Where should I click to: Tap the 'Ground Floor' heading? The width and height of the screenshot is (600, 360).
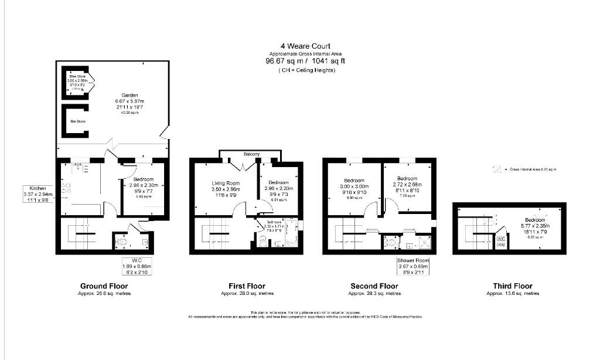click(105, 286)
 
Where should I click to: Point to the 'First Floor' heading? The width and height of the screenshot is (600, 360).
click(247, 286)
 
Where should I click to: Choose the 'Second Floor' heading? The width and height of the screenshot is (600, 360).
click(374, 286)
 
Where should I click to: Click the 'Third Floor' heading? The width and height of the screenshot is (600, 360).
click(513, 286)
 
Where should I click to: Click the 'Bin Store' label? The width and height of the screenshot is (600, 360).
click(78, 121)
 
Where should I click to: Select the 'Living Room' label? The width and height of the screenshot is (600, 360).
click(226, 184)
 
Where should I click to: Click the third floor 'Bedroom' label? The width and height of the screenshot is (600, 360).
click(534, 220)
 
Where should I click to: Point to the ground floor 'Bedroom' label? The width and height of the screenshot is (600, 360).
click(144, 179)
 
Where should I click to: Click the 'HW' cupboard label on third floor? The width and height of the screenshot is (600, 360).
click(500, 245)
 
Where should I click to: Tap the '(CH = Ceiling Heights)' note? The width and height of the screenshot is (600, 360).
click(306, 70)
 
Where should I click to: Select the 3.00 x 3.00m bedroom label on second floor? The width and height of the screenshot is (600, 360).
click(353, 181)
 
